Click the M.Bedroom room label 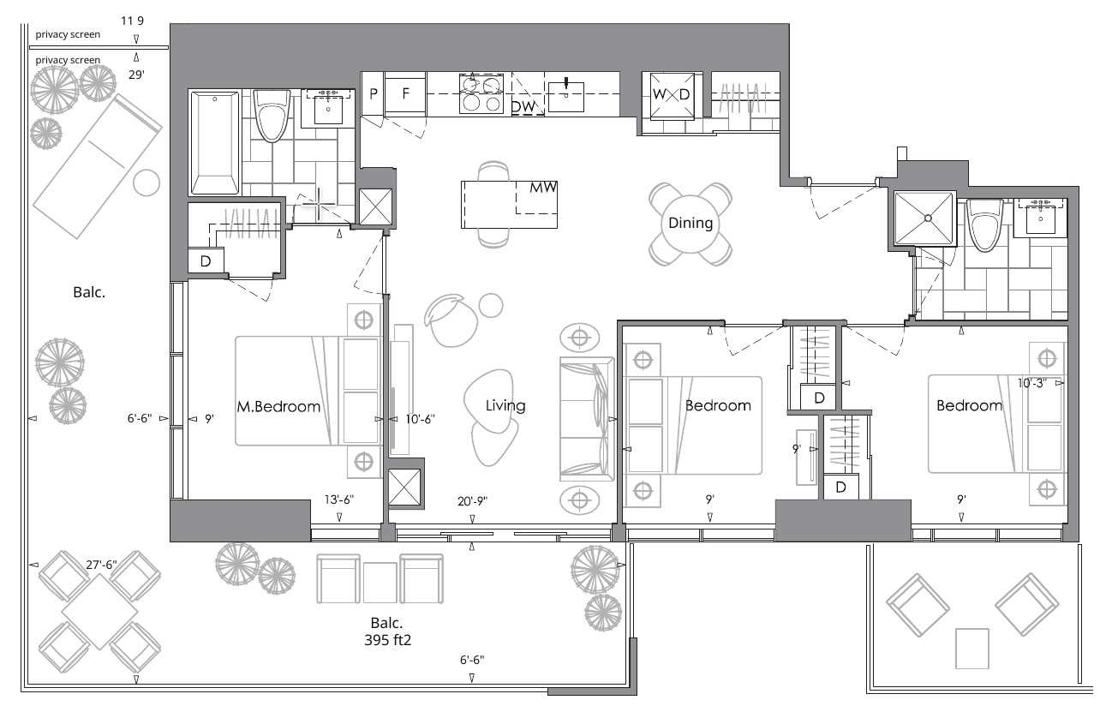coord(278,406)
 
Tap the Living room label coord(505,405)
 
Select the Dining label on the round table coord(691,223)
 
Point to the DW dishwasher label coord(523,107)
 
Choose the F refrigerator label coord(406,93)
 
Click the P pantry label coord(374,93)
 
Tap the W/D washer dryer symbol coord(671,94)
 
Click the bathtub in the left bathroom coord(216,143)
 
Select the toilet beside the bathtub coord(273,120)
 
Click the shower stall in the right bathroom coord(924,218)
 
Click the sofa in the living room coord(587,418)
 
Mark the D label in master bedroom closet coord(206,261)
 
